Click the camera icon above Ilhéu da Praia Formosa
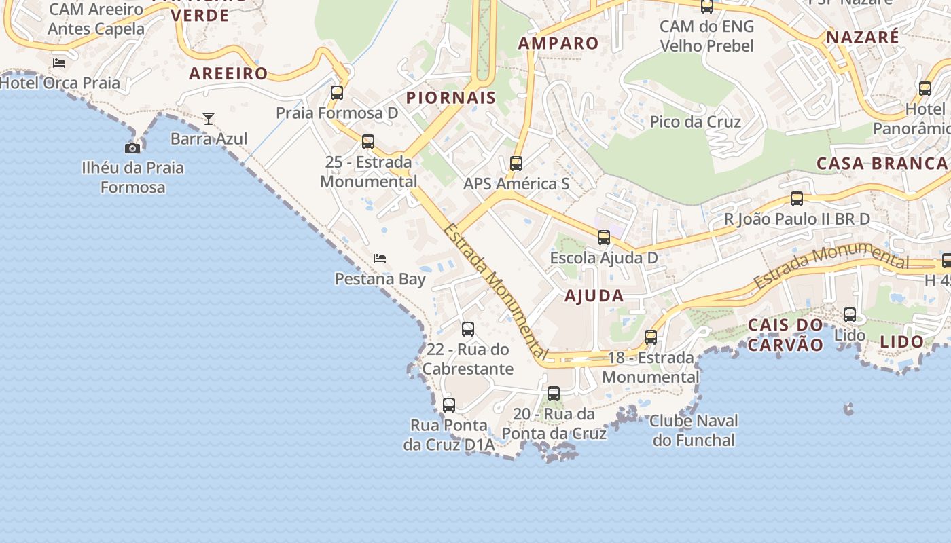[132, 148]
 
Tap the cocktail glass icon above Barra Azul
[209, 119]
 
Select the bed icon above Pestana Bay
[380, 259]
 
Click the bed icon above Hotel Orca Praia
[59, 63]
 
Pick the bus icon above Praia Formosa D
[337, 93]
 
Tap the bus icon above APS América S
[516, 164]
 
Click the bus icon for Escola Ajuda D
[604, 238]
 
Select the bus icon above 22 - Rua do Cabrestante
[468, 329]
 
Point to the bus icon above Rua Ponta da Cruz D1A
[449, 405]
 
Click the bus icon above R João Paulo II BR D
[797, 199]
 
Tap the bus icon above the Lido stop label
[850, 315]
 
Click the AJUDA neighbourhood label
[594, 295]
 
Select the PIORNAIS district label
[451, 98]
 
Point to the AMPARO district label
[558, 43]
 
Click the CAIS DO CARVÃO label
[786, 335]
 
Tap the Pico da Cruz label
[695, 121]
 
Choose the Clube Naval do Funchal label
[694, 430]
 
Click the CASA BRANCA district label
[882, 163]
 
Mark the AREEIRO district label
[229, 73]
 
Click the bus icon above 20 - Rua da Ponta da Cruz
[554, 394]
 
